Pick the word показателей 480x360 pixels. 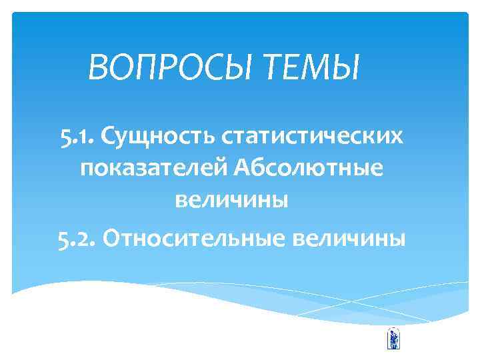pyautogui.click(x=153, y=169)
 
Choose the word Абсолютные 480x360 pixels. pyautogui.click(x=309, y=169)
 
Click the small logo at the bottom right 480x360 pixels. pyautogui.click(x=393, y=338)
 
